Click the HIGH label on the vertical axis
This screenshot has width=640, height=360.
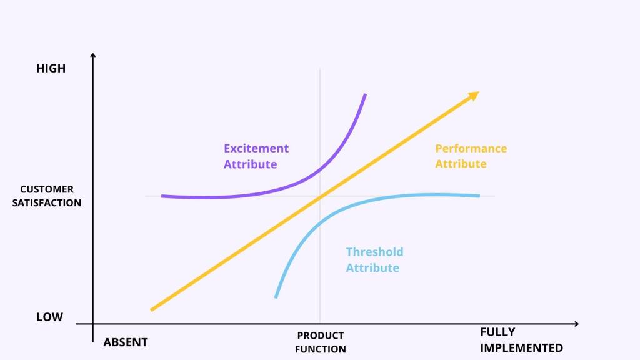[51, 69]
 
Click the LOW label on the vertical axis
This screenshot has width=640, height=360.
[49, 317]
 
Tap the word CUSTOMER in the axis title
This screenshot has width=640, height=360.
[47, 189]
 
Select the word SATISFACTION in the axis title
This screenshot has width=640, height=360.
[47, 203]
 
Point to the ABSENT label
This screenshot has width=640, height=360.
[126, 342]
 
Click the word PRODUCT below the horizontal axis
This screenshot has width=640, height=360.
[321, 336]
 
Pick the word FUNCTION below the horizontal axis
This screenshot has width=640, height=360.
[321, 349]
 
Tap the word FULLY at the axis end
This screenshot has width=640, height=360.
[497, 332]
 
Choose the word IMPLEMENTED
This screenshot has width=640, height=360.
[521, 348]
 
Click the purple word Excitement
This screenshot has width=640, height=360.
[256, 149]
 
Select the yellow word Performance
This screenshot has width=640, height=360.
[471, 149]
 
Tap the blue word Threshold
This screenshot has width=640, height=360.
[374, 252]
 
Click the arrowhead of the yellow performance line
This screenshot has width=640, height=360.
[474, 94]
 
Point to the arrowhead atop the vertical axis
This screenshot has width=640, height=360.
[92, 57]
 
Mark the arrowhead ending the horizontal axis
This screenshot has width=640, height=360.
[576, 324]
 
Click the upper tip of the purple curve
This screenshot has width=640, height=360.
[365, 94]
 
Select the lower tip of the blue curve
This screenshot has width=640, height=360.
[276, 297]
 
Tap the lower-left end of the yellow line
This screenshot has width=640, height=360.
[152, 309]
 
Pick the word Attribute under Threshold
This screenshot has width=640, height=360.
[372, 268]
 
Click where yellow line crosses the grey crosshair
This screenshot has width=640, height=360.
[320, 196]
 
